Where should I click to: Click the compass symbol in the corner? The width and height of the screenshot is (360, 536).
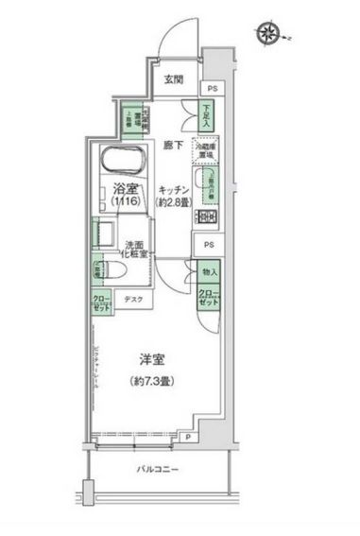(x=268, y=35)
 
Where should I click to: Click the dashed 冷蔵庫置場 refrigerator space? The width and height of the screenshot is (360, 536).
(x=207, y=150)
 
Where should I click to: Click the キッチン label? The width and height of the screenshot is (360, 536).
(x=176, y=187)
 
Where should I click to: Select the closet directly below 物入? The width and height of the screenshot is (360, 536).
(x=210, y=298)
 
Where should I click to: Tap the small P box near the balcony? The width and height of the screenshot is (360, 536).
(x=189, y=437)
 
